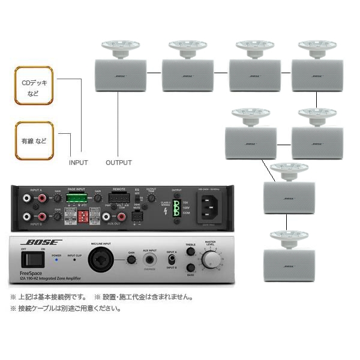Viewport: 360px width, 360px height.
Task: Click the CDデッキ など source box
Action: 34,86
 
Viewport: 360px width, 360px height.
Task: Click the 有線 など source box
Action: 34,141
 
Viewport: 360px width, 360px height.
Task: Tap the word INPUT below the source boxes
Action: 78,163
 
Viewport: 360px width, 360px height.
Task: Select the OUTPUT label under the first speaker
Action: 119,163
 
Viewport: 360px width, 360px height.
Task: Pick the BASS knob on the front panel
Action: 190,268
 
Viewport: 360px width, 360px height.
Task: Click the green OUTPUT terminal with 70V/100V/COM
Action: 176,208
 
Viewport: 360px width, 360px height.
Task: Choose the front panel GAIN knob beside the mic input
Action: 131,260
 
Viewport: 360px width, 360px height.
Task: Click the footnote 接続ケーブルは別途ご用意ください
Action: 65,308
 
